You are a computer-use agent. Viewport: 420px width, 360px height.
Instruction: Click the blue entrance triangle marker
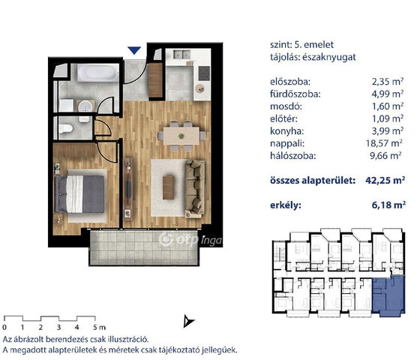134,50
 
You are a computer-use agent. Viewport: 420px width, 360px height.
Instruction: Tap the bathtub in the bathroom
97,72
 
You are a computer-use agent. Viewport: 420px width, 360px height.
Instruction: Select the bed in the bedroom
79,194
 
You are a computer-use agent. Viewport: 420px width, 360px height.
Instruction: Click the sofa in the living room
195,188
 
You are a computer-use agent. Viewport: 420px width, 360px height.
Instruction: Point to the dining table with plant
181,136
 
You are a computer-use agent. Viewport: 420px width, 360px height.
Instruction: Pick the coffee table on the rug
169,187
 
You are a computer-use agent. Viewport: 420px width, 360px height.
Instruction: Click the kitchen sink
181,55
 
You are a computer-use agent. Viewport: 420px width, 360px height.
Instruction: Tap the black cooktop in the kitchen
204,73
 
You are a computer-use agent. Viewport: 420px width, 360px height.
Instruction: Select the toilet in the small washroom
66,129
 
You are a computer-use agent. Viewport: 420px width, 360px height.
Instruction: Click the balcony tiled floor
144,247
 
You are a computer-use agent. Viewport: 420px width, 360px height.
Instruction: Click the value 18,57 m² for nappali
384,143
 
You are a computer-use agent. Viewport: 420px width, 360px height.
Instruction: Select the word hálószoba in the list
293,156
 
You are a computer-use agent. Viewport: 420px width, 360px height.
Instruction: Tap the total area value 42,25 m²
385,180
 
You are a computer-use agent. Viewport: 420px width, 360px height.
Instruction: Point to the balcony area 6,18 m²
388,205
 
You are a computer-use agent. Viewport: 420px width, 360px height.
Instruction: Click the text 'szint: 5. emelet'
301,44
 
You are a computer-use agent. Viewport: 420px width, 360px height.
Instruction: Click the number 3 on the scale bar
59,327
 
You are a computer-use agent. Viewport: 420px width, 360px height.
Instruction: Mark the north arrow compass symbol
188,321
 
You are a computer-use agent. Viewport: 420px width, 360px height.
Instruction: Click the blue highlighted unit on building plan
388,295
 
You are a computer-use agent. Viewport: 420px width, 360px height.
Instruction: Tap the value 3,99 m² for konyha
388,131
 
